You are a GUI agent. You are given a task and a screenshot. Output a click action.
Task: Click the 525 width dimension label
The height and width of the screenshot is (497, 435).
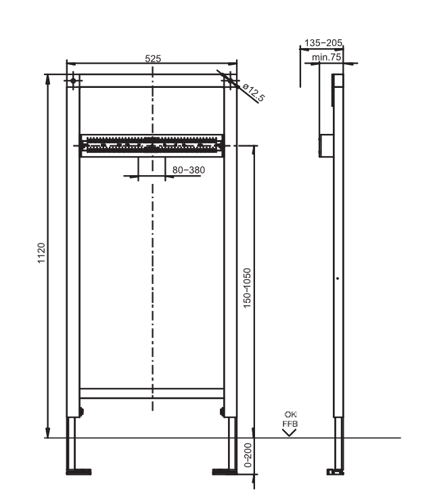pyautogui.click(x=153, y=60)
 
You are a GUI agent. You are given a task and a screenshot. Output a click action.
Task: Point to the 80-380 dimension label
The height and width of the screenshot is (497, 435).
pyautogui.click(x=188, y=170)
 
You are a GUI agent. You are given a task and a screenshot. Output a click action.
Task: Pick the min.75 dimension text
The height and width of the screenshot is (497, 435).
pyautogui.click(x=327, y=57)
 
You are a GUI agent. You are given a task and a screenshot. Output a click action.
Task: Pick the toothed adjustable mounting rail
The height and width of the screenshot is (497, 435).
pyautogui.click(x=152, y=143)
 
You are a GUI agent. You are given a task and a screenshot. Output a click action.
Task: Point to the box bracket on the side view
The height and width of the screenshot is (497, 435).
pyautogui.click(x=326, y=144)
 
